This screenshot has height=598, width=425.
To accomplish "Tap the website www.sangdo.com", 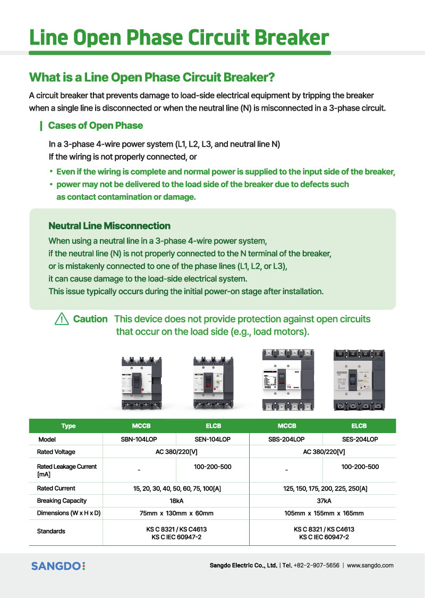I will click(x=370, y=566).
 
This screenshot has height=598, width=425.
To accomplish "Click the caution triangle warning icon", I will click(x=62, y=319).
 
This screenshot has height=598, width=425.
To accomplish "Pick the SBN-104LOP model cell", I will click(x=139, y=439).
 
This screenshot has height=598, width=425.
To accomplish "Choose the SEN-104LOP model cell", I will click(x=212, y=439).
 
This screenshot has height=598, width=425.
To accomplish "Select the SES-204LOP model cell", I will click(x=360, y=439).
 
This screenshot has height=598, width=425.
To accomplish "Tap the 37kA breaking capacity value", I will click(x=324, y=501).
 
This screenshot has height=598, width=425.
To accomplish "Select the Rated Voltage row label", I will click(x=56, y=452).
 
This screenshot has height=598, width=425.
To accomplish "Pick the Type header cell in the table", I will click(x=69, y=426).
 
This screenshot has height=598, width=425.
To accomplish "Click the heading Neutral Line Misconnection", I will click(x=109, y=226).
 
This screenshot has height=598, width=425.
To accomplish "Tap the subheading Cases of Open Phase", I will click(x=95, y=126).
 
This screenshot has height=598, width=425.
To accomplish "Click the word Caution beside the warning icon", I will click(x=90, y=319).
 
